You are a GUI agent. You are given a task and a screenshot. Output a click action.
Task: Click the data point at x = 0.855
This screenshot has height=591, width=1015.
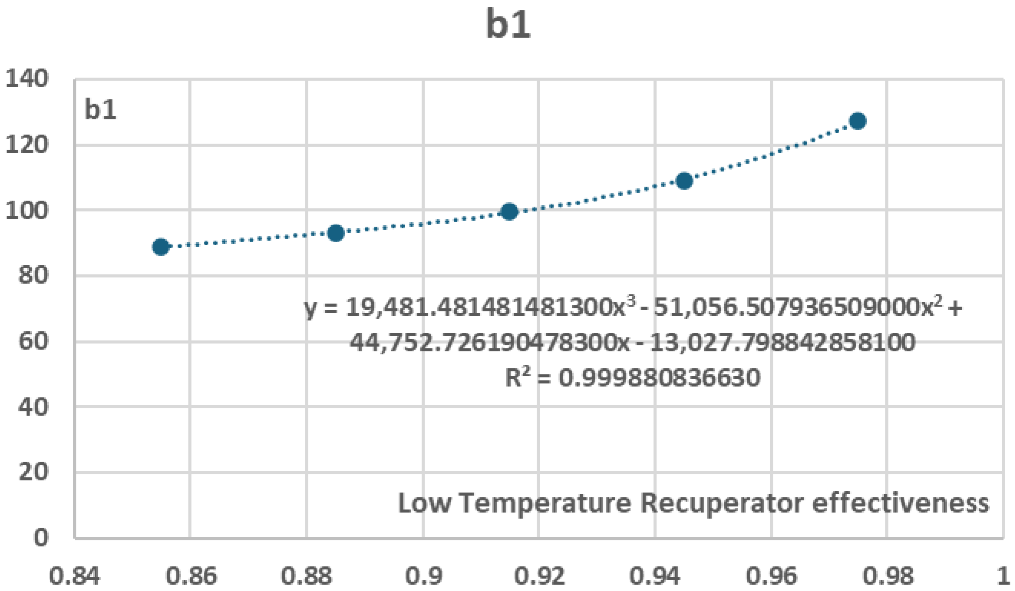[x=161, y=247]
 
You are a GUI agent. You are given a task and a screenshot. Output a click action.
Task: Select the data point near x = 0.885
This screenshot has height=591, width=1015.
[x=336, y=233]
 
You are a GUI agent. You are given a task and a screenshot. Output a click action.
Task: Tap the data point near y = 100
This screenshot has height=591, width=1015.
[x=509, y=211]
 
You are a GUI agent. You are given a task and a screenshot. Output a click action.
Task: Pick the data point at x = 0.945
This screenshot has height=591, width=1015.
[x=684, y=181]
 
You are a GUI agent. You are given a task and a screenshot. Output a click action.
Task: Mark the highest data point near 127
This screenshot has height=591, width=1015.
[x=858, y=121]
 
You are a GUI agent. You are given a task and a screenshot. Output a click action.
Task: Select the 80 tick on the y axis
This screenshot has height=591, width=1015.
[x=33, y=276]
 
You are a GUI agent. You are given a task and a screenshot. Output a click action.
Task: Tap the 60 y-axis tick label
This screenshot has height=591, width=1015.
[x=33, y=342]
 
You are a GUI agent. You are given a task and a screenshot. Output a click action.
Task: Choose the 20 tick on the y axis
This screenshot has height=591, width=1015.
[x=33, y=472]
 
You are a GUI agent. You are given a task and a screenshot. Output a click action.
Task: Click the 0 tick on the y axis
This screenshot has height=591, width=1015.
[x=40, y=538]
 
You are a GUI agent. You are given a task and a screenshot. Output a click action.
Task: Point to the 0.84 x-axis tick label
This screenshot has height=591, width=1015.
[x=74, y=576]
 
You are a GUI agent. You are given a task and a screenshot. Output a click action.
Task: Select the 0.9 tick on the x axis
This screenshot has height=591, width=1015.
[x=423, y=576]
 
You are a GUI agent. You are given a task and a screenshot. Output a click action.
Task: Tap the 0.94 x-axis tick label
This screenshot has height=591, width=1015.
[x=655, y=576]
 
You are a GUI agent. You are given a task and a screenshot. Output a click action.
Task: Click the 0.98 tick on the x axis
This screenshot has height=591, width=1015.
[x=887, y=576]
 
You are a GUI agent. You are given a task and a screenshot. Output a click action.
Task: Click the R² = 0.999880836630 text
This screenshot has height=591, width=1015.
[x=632, y=378]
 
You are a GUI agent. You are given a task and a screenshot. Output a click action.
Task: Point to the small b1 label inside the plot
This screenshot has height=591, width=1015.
[x=100, y=110]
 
